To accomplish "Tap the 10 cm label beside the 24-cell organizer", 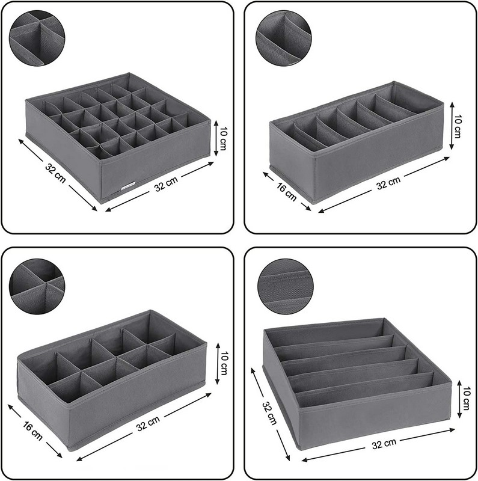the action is coord(223,139).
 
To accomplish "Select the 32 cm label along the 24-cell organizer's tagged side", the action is coord(166,184).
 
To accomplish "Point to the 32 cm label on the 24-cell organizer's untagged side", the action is coord(55,173).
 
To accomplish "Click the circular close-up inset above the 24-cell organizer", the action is coord(37,38).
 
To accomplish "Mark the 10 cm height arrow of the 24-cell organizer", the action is coord(216,138).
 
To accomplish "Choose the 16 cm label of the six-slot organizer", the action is coord(287,192).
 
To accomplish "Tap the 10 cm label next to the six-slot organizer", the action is coord(458,126).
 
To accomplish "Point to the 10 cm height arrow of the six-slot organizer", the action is coord(451,126).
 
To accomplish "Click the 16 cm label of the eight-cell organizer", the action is coord(32,431).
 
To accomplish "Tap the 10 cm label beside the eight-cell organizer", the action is coord(224,363).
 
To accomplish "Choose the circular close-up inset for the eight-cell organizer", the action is coord(37,287).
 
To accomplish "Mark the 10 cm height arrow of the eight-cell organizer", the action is coord(218,363).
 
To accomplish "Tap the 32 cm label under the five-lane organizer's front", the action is coord(384,444).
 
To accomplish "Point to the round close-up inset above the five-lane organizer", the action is coord(286,287).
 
